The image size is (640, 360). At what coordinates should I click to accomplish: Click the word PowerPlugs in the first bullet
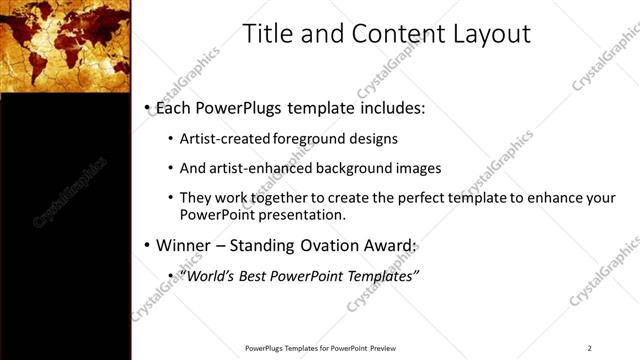(x=241, y=106)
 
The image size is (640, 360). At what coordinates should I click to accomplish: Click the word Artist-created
(x=221, y=138)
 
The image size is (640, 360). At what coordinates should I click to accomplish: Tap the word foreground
(x=303, y=138)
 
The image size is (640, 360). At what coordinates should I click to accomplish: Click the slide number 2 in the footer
(x=590, y=348)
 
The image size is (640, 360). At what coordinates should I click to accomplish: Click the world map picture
(x=65, y=45)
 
